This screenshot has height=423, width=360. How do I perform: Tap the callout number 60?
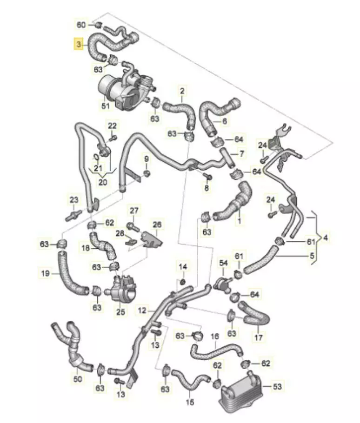pos(81,24)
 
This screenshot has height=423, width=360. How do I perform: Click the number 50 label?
pos(78,379)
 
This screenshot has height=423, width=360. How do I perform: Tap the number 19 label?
pos(45,274)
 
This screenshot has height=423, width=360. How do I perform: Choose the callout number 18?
pos(86,249)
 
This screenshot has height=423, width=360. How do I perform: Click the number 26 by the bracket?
pos(157,225)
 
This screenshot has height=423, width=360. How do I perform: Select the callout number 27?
pos(134,211)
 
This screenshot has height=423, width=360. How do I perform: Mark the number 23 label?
pos(74,200)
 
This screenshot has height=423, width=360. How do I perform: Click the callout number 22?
pos(113,126)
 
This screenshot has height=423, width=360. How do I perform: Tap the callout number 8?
pos(207,188)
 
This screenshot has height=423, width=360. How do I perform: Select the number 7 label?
pos(241,153)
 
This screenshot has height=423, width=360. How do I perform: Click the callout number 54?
pos(223,264)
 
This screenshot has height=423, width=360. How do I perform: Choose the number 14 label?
pos(183,266)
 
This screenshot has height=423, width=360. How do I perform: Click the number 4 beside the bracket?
pos(325,238)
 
